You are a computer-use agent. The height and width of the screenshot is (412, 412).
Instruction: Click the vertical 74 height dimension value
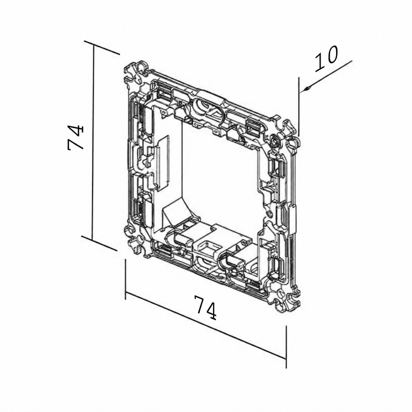pos(76,138)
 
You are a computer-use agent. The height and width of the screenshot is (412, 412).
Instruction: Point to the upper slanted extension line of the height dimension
pos(102,47)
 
